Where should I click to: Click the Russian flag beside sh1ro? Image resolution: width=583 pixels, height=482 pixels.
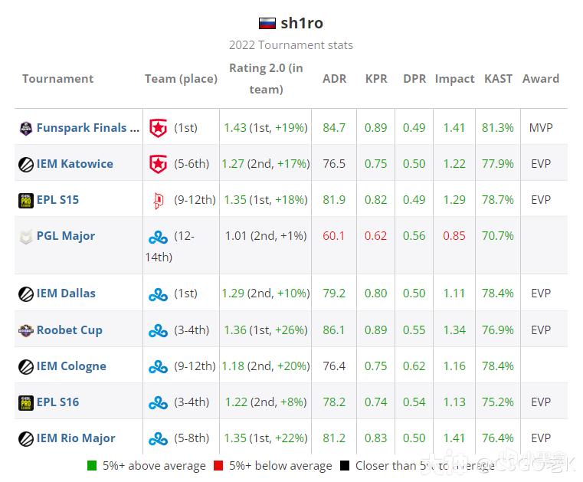pos(267,23)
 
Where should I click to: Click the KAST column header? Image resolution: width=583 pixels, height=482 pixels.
pos(499,79)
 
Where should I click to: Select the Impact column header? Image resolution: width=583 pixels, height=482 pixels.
pos(454,79)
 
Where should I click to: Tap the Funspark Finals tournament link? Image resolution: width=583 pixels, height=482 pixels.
pos(87,128)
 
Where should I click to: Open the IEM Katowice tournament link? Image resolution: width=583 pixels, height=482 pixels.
pos(74,164)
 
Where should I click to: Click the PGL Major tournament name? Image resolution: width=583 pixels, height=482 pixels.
pos(65,236)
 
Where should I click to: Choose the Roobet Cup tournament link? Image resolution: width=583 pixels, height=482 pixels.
pos(69,330)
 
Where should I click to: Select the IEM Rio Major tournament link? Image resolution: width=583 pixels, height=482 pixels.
pos(75,438)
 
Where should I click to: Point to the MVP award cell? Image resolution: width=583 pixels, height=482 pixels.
pos(541,128)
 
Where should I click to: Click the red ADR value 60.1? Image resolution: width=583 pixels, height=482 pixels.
pos(334,236)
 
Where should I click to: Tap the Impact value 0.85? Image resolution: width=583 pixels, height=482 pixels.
pos(454,236)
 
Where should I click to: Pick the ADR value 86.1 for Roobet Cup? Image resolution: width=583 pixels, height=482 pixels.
pos(334,330)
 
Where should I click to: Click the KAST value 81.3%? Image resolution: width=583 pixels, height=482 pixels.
pos(498,128)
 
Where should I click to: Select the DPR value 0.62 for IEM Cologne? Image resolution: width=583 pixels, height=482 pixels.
pos(414,366)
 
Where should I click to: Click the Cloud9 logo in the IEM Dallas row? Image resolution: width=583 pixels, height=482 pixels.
pos(158,294)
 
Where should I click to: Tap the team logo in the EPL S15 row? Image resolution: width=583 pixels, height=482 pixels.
pos(158,201)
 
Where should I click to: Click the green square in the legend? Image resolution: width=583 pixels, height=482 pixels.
pos(92,466)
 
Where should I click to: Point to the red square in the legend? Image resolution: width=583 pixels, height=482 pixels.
pos(218,466)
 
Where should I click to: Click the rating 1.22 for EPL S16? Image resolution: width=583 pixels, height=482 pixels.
pos(235,402)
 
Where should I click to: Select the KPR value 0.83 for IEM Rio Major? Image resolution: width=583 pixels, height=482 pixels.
pos(376,438)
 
